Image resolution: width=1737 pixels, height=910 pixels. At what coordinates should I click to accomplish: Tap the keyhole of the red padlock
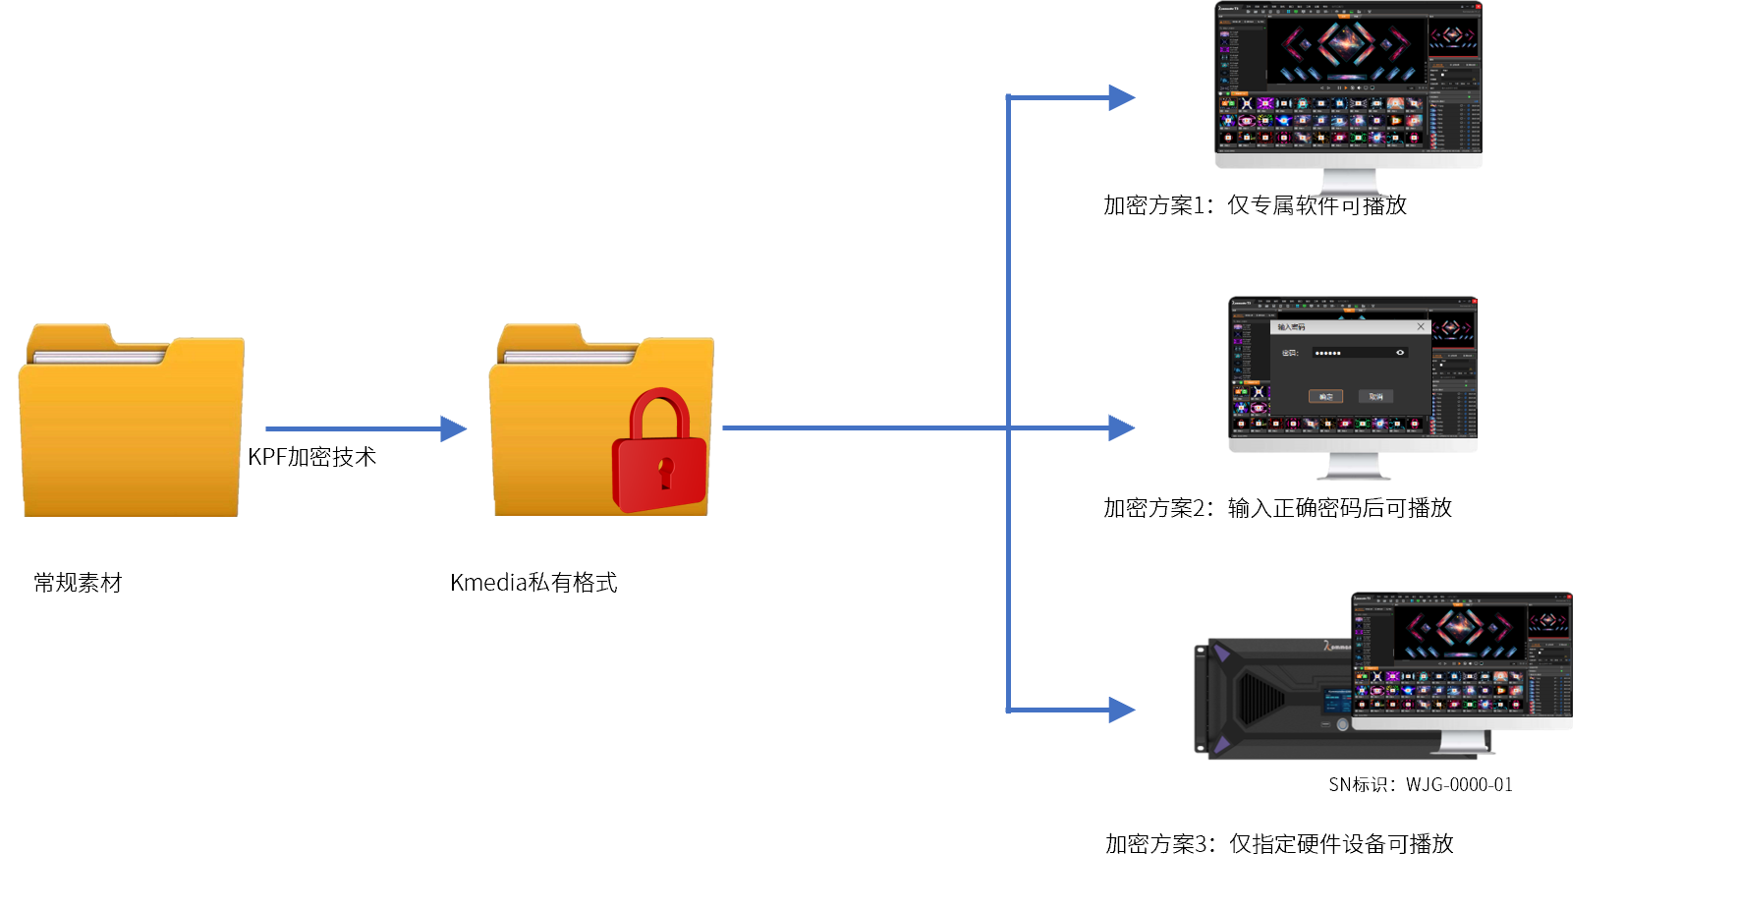pyautogui.click(x=666, y=469)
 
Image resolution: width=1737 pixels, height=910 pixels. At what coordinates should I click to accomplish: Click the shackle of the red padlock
pyautogui.click(x=660, y=411)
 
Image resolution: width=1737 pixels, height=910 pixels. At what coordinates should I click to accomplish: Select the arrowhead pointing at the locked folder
pyautogui.click(x=453, y=428)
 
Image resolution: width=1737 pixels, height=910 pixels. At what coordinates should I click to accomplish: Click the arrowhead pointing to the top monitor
pyautogui.click(x=1121, y=97)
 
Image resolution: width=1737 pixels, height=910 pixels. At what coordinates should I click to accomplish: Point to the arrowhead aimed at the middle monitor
pyautogui.click(x=1121, y=427)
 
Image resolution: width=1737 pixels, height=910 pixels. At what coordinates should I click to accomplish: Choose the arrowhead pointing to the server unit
pyautogui.click(x=1121, y=710)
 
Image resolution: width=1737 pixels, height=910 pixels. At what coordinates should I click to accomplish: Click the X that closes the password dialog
pyautogui.click(x=1420, y=327)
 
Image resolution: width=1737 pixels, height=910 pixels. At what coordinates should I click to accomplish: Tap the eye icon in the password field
pyautogui.click(x=1400, y=353)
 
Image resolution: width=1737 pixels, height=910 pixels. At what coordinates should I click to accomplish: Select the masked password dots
pyautogui.click(x=1327, y=353)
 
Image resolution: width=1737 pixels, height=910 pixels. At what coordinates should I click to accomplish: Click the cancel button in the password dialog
pyautogui.click(x=1375, y=396)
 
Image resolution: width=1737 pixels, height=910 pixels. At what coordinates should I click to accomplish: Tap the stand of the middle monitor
pyautogui.click(x=1353, y=466)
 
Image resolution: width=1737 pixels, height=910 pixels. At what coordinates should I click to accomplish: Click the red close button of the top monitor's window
pyautogui.click(x=1478, y=7)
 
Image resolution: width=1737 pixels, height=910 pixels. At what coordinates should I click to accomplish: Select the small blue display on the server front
pyautogui.click(x=1337, y=700)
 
